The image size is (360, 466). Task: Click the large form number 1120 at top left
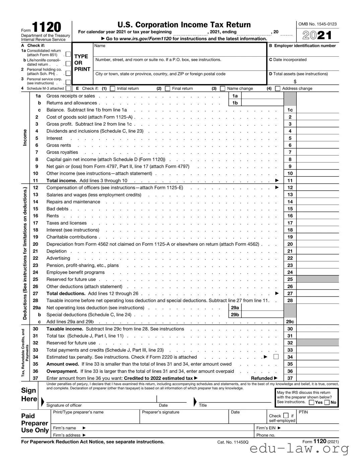pyautogui.click(x=47, y=27)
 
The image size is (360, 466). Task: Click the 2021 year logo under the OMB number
pyautogui.click(x=317, y=35)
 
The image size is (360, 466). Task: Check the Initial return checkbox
pyautogui.click(x=113, y=89)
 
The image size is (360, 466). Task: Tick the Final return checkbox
pyautogui.click(x=168, y=89)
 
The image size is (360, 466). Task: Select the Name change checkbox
pyautogui.click(x=222, y=89)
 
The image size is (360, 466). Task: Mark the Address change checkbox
pyautogui.click(x=277, y=89)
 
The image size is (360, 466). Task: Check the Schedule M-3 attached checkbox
pyautogui.click(x=68, y=88)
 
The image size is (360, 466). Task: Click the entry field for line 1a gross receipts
pyautogui.click(x=262, y=96)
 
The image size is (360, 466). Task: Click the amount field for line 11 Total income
pyautogui.click(x=317, y=181)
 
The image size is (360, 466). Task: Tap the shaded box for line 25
pyautogui.click(x=317, y=279)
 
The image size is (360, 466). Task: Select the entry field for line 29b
pyautogui.click(x=262, y=315)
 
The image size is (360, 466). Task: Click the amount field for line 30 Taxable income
pyautogui.click(x=317, y=329)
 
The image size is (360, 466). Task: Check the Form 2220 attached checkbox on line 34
pyautogui.click(x=276, y=357)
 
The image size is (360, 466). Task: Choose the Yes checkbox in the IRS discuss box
pyautogui.click(x=311, y=402)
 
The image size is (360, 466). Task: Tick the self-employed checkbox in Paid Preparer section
pyautogui.click(x=286, y=415)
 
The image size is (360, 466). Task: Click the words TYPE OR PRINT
pyautogui.click(x=82, y=63)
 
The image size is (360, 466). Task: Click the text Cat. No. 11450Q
pyautogui.click(x=233, y=442)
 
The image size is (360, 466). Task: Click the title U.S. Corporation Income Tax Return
pyautogui.click(x=184, y=25)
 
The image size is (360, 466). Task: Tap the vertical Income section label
pyautogui.click(x=25, y=138)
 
